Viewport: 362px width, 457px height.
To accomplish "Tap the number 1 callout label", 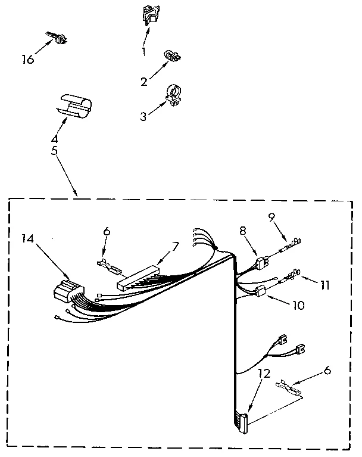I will coord(143,52).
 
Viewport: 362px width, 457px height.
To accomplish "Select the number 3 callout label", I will coord(142,117).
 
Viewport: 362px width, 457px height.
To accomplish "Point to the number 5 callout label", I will coord(54,151).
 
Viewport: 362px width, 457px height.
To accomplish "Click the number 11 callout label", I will coord(324,285).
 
